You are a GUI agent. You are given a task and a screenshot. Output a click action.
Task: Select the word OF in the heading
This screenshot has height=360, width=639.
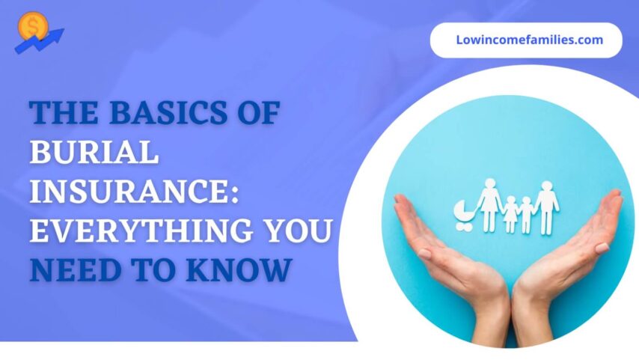pos(258,117)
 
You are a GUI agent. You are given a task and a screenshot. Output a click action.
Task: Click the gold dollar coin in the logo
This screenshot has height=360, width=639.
pos(31,25)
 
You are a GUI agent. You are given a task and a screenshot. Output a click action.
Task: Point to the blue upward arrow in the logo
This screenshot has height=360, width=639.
pos(41,42)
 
